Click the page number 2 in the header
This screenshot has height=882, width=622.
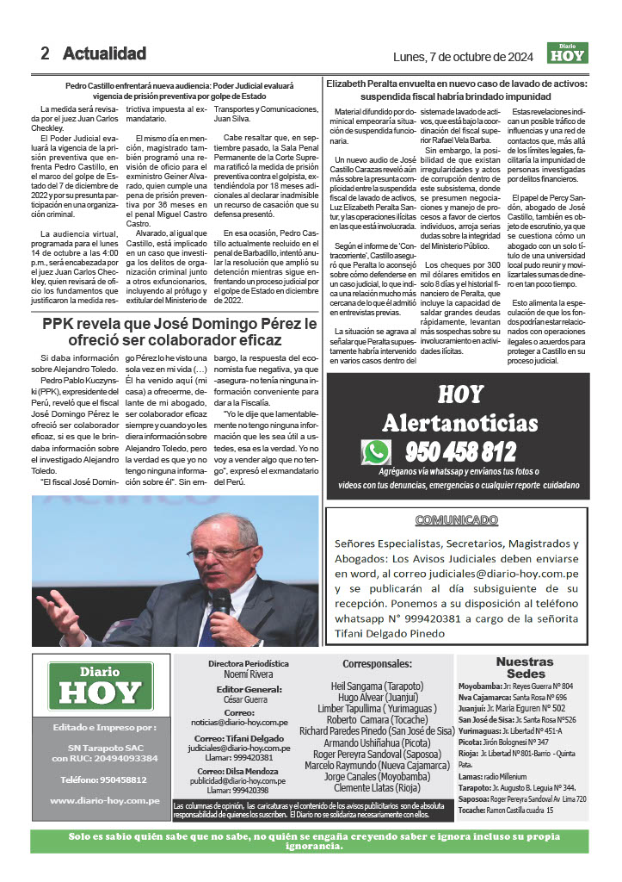(45, 53)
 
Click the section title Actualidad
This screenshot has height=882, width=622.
(104, 53)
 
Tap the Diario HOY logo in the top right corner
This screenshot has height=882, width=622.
(568, 53)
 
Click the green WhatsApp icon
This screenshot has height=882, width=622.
(376, 451)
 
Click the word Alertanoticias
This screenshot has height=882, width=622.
(459, 423)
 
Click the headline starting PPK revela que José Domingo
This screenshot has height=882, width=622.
(180, 334)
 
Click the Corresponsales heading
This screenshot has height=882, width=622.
(378, 664)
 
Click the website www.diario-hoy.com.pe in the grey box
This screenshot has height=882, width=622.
(105, 800)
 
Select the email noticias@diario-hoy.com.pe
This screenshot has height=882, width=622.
(251, 723)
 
